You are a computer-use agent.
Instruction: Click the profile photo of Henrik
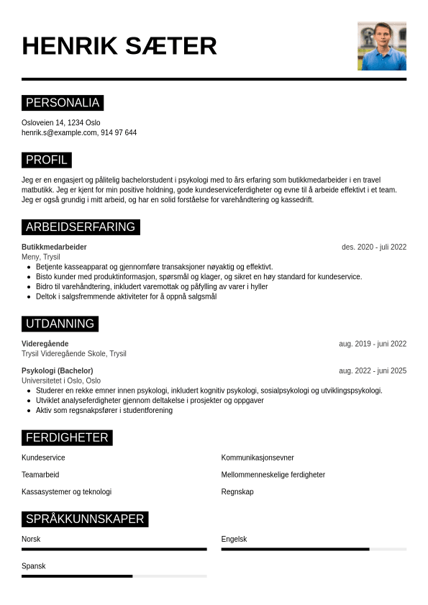(381, 46)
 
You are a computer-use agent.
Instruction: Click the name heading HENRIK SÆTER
(119, 46)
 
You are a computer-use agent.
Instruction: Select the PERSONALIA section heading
(63, 103)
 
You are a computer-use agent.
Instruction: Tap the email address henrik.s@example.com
(59, 133)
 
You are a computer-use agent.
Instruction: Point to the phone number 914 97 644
(119, 133)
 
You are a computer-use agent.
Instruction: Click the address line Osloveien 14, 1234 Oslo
(61, 123)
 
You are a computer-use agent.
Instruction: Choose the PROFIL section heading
(47, 160)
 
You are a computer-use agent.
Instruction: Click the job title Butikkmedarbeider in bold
(54, 247)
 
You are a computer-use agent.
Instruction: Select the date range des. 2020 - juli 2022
(374, 247)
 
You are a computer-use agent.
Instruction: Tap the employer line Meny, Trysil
(41, 257)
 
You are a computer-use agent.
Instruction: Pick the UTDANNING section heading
(60, 324)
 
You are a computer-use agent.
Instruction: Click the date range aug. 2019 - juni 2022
(373, 344)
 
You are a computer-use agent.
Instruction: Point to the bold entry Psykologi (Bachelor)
(58, 371)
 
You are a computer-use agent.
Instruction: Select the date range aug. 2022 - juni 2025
(373, 371)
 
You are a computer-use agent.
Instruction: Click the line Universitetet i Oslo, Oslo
(61, 381)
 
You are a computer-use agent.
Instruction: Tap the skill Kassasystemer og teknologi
(67, 492)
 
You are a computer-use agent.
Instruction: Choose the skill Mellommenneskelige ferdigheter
(273, 475)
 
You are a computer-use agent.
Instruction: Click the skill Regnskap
(237, 492)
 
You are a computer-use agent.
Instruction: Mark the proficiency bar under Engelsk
(314, 550)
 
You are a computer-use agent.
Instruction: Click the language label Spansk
(34, 566)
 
